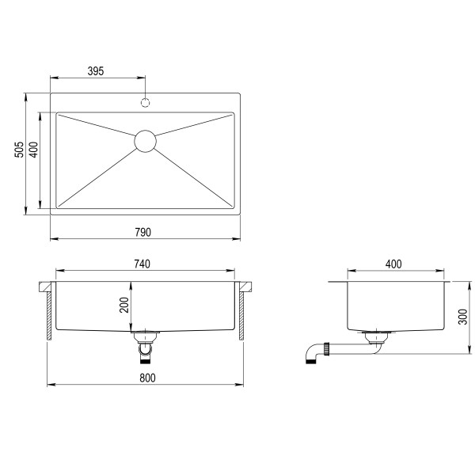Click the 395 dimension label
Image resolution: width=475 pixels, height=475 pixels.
coord(96,71)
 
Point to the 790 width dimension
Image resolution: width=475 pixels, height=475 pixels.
coord(142,232)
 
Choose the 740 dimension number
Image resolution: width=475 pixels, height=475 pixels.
coord(142,263)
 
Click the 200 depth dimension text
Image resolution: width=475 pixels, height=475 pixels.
coord(123,306)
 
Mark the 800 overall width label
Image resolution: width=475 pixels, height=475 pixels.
coord(146,378)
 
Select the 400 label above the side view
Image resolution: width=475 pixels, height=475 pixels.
coord(393,264)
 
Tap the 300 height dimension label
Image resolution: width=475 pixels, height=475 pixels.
coord(462,317)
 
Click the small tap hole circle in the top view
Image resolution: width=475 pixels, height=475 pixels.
coord(146,101)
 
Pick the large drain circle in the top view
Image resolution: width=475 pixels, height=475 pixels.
coord(145,140)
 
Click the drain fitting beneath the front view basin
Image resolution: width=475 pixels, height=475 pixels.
coord(145,344)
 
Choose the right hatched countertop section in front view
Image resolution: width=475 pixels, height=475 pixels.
coord(241,313)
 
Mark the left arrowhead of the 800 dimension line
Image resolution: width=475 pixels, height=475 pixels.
coord(51,385)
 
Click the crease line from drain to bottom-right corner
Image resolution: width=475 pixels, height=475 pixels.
coord(194,174)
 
